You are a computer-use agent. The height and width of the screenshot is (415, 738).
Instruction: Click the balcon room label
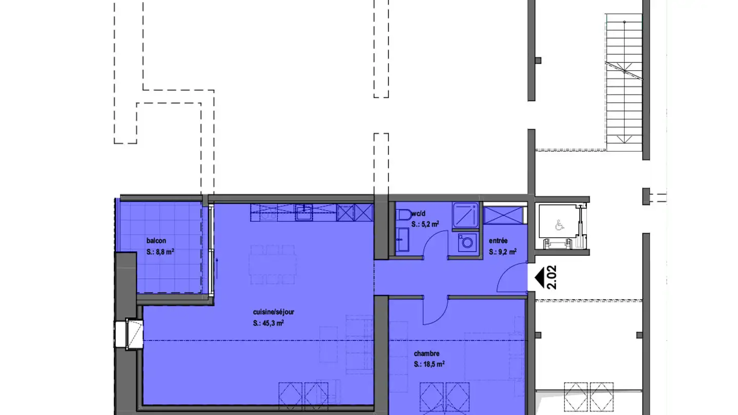[156, 241]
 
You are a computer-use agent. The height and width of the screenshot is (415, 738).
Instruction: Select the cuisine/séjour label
[274, 312]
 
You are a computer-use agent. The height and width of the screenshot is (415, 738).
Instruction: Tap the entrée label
[498, 241]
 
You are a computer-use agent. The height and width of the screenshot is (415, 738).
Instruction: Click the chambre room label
[426, 354]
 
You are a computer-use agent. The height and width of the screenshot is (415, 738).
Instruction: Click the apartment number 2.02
[552, 277]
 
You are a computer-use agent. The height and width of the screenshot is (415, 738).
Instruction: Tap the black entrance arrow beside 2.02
[539, 278]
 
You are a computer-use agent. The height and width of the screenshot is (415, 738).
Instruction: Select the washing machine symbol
[467, 242]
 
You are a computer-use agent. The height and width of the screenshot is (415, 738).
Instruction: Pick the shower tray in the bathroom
[465, 215]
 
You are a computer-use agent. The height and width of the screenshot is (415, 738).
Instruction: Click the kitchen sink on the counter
[304, 213]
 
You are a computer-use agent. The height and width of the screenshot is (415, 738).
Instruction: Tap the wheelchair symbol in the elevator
[560, 225]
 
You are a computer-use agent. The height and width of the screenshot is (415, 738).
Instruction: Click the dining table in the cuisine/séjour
[273, 264]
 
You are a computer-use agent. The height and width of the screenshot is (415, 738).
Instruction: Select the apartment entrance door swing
[511, 277]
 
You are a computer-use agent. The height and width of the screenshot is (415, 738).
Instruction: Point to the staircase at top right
[624, 82]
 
